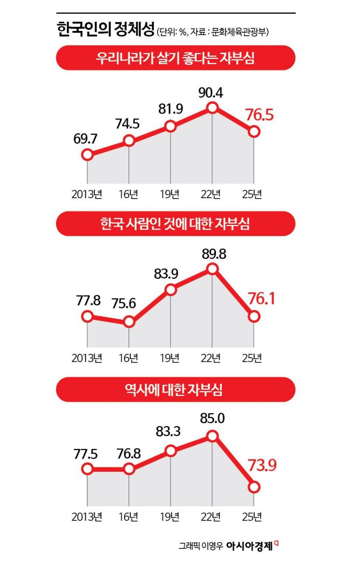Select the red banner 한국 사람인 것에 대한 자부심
[x=175, y=224]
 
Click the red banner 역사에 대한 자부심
[x=175, y=389]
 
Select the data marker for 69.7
[x=87, y=155]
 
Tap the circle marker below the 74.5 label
[x=129, y=141]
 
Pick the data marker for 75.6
[x=129, y=322]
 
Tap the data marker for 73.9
[x=254, y=487]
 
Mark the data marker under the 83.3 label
[x=170, y=451]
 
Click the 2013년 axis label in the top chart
[x=87, y=194]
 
